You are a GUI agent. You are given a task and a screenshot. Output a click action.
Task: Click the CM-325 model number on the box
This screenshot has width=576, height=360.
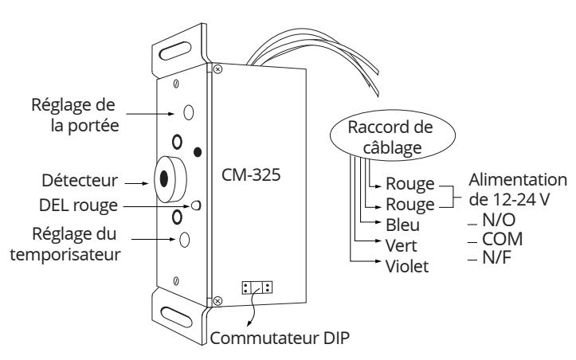[x=251, y=174]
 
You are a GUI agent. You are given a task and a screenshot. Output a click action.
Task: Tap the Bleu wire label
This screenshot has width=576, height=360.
[x=402, y=225]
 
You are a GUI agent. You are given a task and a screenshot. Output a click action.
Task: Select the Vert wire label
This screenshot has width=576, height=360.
[x=402, y=245]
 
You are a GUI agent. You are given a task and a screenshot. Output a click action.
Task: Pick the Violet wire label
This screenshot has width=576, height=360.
[x=407, y=266]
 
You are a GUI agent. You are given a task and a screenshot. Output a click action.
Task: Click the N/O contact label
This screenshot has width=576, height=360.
[x=499, y=220]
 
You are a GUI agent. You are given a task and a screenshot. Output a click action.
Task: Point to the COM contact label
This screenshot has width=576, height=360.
[x=502, y=239]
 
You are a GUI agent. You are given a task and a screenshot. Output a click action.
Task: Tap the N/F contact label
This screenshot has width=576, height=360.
[x=496, y=258]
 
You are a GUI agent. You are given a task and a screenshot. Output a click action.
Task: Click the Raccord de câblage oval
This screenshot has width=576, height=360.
[x=393, y=135]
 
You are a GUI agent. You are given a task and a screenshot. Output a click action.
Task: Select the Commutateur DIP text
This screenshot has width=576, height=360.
[x=280, y=338]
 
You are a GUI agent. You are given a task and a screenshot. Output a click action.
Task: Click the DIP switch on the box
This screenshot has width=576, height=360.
[x=257, y=288]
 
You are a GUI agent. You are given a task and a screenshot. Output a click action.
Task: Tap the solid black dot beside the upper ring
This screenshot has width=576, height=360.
[x=198, y=151]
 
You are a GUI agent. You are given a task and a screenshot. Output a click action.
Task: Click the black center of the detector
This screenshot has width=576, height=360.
[x=164, y=178]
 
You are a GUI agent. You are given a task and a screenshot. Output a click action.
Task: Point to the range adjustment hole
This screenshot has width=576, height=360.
[x=189, y=112]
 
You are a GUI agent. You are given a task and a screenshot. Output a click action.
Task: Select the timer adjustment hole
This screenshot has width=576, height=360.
[x=184, y=240]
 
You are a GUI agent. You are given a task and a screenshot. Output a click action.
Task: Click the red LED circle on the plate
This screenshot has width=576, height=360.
[x=196, y=205]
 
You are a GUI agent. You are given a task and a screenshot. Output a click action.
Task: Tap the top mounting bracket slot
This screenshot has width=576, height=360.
[x=175, y=51]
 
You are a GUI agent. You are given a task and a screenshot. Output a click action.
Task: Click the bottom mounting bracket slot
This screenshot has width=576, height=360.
[x=176, y=317]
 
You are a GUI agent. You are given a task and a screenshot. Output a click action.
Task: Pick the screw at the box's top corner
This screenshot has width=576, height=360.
[x=217, y=69]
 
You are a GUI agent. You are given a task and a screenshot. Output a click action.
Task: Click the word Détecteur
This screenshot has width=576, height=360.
[x=80, y=180]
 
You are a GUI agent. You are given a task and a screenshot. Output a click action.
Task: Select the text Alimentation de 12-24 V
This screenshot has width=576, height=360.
[x=518, y=190]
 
